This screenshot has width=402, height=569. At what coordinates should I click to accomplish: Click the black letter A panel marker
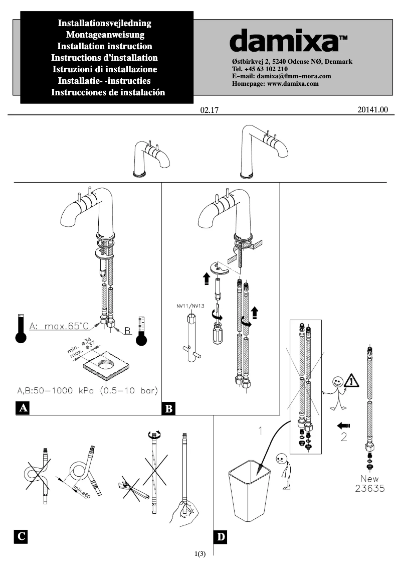point(22,408)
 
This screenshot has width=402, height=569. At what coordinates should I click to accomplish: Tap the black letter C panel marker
point(22,536)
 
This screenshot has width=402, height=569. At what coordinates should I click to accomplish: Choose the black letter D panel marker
point(221,536)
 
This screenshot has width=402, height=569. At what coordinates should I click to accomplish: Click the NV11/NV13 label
point(190,306)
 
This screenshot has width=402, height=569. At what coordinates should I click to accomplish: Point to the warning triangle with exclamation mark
point(352,380)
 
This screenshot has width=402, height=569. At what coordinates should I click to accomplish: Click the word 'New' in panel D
point(369,479)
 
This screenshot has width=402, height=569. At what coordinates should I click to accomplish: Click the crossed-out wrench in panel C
point(135,488)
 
